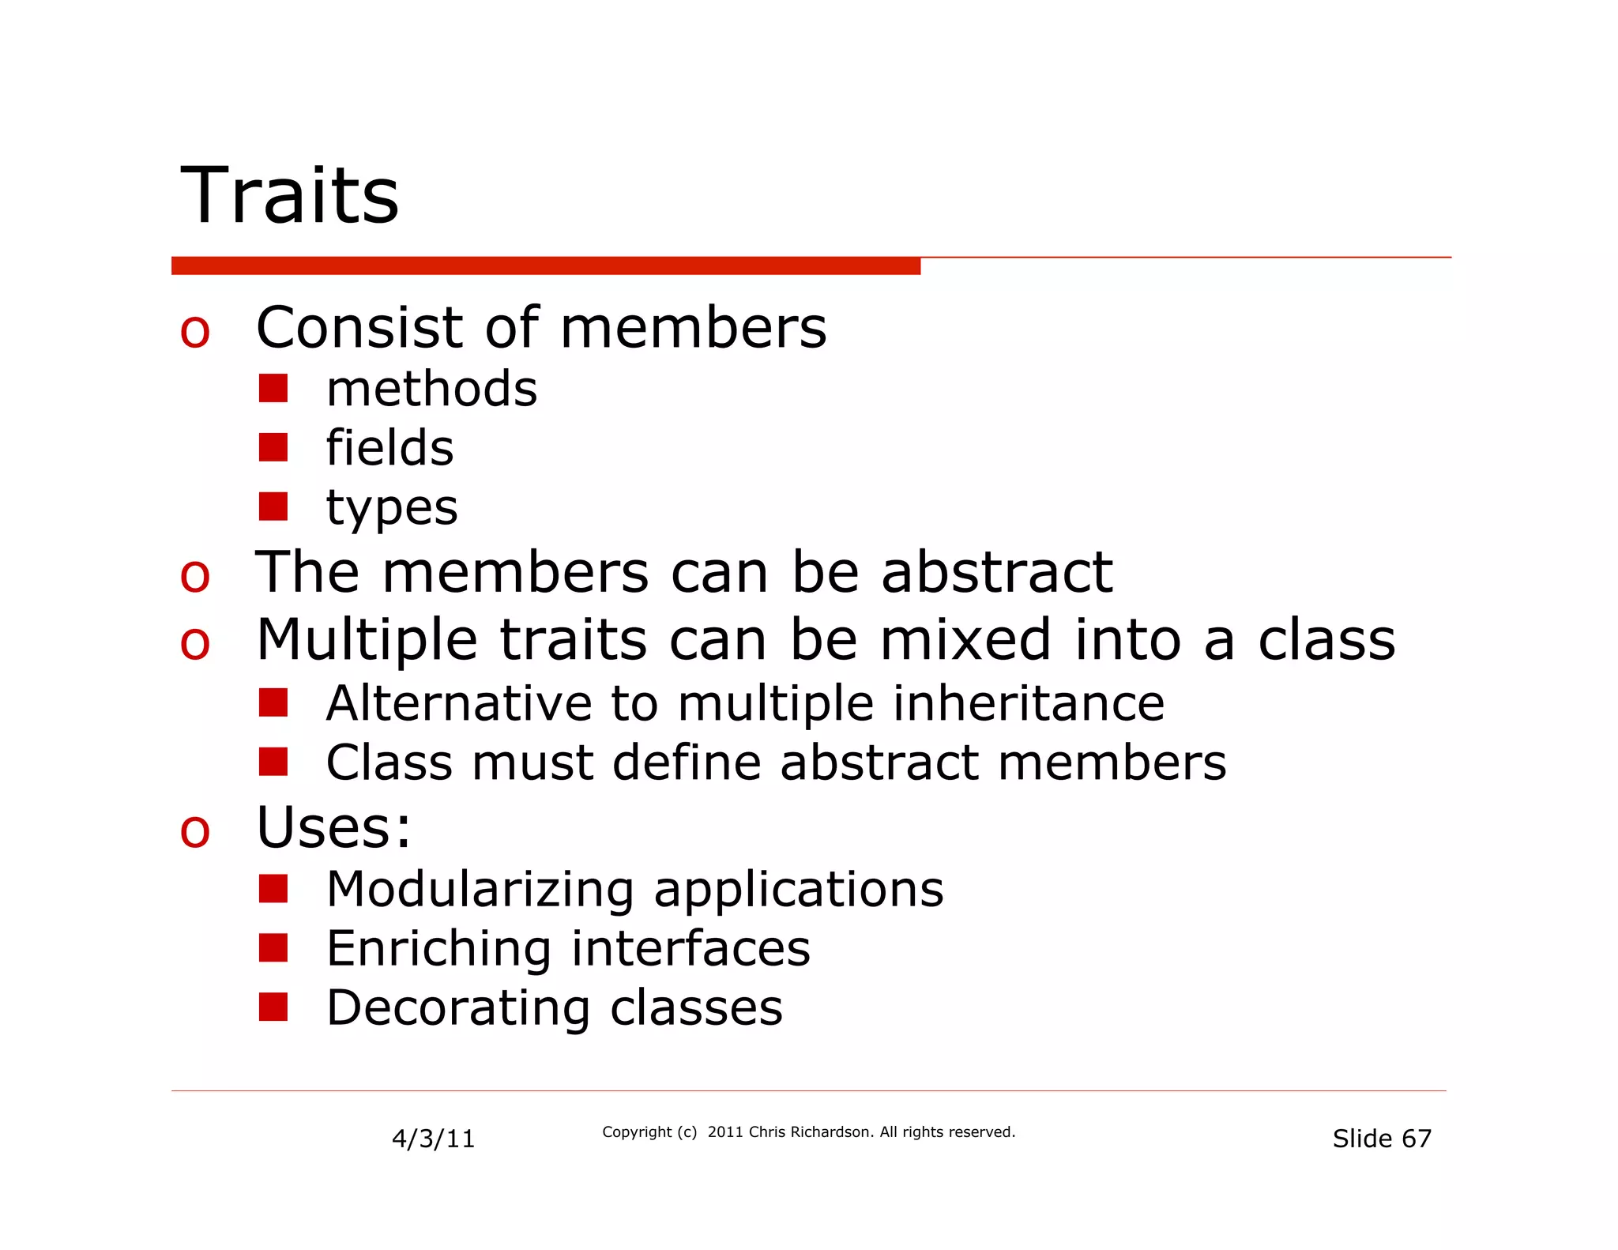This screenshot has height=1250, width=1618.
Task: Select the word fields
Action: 389,448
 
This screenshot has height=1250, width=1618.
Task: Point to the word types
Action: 392,508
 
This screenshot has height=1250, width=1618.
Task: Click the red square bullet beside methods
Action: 273,388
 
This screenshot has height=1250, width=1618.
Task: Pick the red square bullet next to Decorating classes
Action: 273,1007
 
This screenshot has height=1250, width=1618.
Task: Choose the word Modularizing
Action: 480,889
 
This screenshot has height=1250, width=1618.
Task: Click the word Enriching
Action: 438,948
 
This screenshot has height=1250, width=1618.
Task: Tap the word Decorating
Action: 458,1007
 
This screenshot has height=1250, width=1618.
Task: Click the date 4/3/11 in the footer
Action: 433,1139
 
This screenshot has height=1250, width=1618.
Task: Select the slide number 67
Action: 1417,1139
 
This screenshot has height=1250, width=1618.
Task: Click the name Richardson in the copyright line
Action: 831,1132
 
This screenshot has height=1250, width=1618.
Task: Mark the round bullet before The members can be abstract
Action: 195,576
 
